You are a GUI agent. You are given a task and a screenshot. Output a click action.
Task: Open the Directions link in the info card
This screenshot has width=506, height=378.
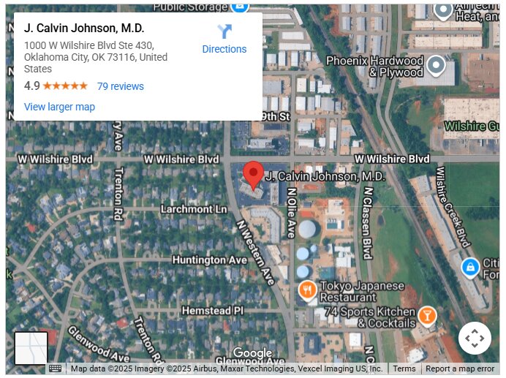point(224,49)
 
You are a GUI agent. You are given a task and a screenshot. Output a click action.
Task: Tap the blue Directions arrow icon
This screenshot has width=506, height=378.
point(224,31)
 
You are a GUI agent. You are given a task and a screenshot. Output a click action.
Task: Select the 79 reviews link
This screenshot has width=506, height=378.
point(121,86)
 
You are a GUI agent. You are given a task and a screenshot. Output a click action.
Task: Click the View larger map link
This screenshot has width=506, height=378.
point(59,107)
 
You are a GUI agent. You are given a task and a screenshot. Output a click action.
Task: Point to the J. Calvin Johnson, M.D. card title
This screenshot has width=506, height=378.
point(84,29)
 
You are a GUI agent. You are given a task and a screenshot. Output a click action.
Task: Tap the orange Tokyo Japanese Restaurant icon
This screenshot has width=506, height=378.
point(307,290)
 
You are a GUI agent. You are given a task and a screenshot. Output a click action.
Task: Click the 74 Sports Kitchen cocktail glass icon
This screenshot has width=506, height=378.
point(426,317)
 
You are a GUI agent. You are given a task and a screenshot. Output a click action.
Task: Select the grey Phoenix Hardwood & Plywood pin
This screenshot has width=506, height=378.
point(436,67)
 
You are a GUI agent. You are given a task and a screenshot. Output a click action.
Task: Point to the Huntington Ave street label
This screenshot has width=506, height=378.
point(209,260)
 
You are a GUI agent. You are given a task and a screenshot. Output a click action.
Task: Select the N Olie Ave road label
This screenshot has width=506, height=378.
point(290,212)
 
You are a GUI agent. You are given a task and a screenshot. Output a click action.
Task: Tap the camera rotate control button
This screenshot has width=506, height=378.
point(475,339)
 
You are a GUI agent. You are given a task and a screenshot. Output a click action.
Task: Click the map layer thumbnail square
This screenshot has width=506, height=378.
point(31,348)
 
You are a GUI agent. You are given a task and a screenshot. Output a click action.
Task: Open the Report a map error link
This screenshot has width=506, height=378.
point(460,368)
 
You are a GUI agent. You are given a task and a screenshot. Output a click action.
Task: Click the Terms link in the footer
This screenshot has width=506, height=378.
point(404,368)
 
